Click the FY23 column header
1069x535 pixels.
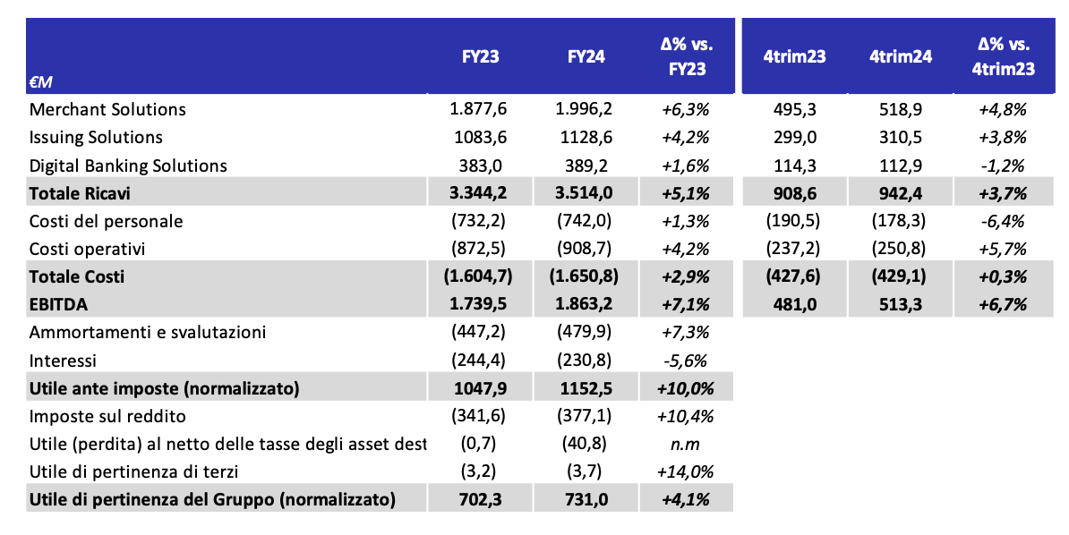pyautogui.click(x=481, y=55)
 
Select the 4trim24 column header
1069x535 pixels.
pyautogui.click(x=900, y=55)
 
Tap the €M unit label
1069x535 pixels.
pyautogui.click(x=41, y=81)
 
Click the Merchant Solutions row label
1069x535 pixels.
pyautogui.click(x=107, y=109)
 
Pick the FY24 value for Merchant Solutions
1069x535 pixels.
pyautogui.click(x=585, y=109)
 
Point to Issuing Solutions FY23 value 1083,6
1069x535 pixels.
pyautogui.click(x=481, y=137)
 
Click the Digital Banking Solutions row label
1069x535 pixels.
pyautogui.click(x=127, y=166)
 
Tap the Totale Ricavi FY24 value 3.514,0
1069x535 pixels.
pyautogui.click(x=585, y=193)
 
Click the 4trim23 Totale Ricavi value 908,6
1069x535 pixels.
pyautogui.click(x=795, y=193)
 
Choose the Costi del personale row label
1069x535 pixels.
pyautogui.click(x=106, y=222)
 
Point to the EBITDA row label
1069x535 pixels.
pyautogui.click(x=58, y=305)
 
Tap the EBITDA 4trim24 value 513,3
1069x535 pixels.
pyautogui.click(x=901, y=305)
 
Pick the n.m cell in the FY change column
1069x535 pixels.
pyautogui.click(x=685, y=445)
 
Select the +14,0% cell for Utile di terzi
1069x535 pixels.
pyautogui.click(x=685, y=471)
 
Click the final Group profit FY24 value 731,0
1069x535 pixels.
pyautogui.click(x=586, y=499)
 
